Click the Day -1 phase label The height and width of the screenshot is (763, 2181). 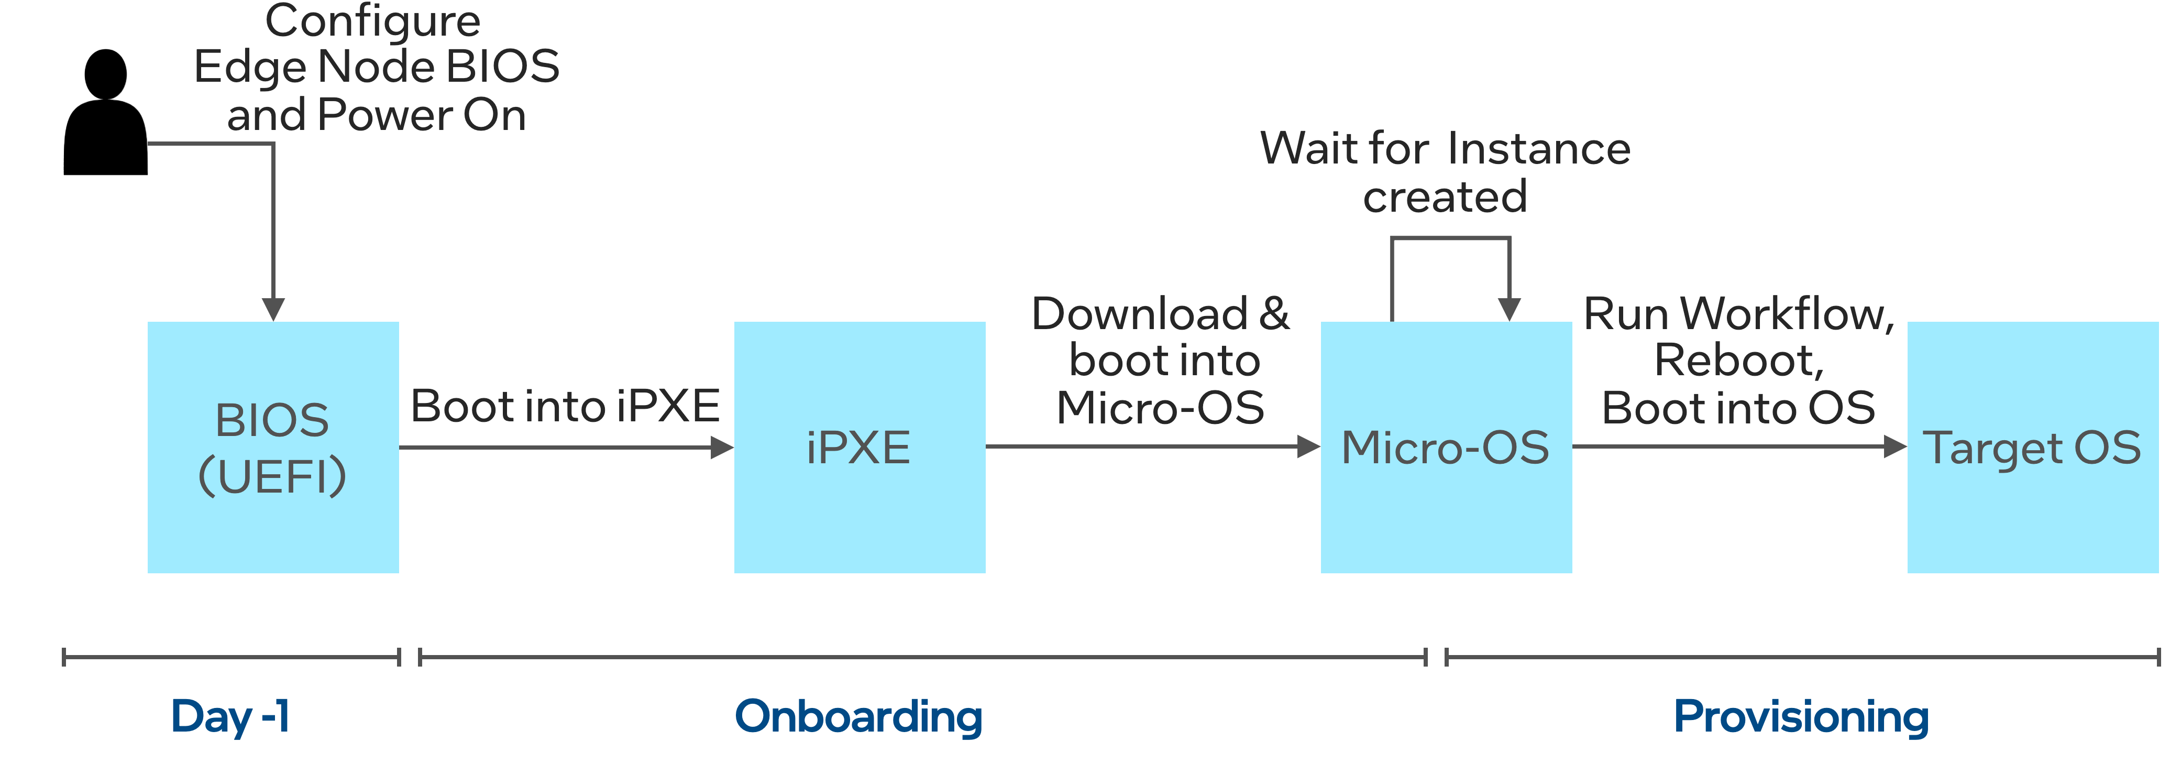coord(230,716)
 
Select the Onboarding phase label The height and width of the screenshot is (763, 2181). coord(858,716)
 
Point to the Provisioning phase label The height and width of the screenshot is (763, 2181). coord(1802,716)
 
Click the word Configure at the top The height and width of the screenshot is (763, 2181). coord(372,20)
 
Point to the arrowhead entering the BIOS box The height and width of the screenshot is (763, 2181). coord(272,309)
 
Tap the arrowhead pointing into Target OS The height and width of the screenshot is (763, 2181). coord(1895,446)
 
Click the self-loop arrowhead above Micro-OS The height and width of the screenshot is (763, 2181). coord(1509,309)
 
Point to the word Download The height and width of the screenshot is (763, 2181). coord(1140,314)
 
